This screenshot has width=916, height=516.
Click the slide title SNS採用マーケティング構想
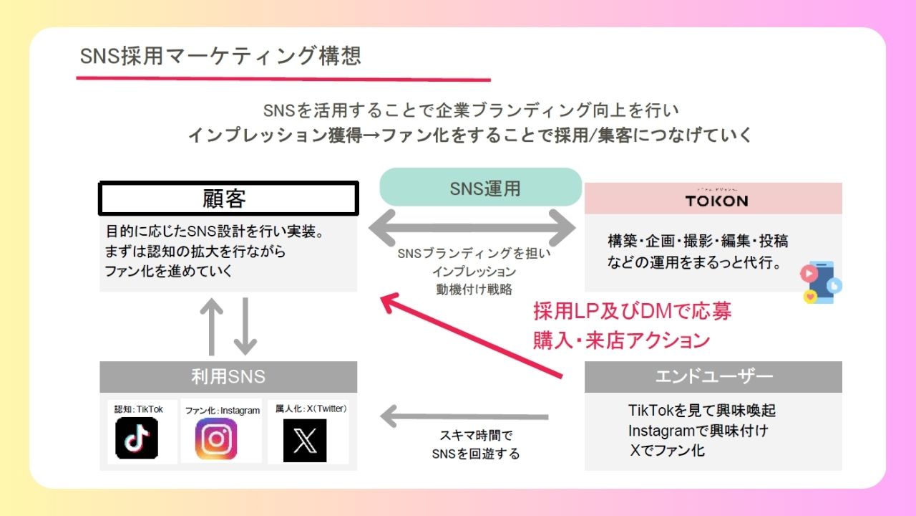point(220,56)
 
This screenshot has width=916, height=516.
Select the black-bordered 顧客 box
point(228,199)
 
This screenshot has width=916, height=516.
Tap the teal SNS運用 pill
point(480,188)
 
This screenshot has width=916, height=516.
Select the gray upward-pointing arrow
point(213,327)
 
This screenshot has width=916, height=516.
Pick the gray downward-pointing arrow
point(245,327)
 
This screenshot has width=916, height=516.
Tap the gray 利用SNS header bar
point(228,376)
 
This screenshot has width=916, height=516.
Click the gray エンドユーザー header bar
point(713,376)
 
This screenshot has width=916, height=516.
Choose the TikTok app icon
point(137,438)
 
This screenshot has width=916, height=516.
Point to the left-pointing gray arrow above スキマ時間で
point(464,416)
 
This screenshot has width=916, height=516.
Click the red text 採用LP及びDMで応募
point(632,312)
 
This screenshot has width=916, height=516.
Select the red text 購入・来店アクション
point(621,340)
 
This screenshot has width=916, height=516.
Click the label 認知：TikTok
point(139,409)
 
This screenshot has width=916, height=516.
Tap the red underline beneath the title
point(283,79)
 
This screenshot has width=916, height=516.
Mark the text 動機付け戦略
point(474,290)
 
